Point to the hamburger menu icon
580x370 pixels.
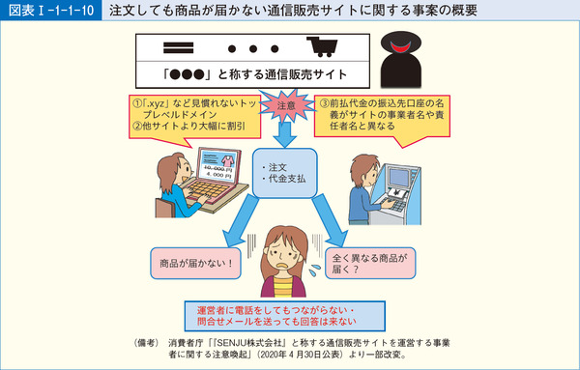click(175, 46)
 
